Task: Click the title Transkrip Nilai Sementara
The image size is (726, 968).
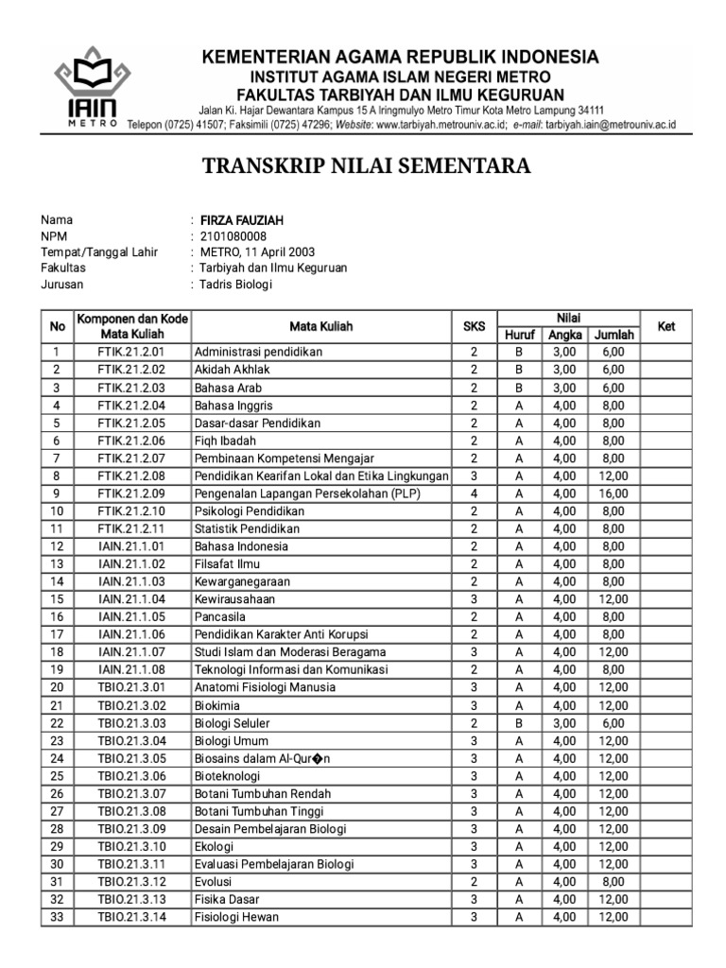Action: [367, 167]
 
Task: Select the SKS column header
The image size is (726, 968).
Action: [473, 326]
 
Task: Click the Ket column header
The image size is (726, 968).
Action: [666, 326]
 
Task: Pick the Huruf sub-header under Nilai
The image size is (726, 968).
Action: [519, 335]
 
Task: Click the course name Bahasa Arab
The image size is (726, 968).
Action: [228, 388]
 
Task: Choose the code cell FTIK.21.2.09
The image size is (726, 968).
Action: [131, 493]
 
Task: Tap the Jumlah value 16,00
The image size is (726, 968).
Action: [613, 493]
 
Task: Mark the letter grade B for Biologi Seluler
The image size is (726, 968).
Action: [519, 722]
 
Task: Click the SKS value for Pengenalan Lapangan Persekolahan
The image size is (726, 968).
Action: [473, 493]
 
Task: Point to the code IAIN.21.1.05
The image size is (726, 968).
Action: [131, 616]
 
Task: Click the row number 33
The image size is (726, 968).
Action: [57, 916]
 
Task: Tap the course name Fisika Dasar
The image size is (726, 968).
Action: [227, 899]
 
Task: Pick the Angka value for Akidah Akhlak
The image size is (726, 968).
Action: [563, 370]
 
